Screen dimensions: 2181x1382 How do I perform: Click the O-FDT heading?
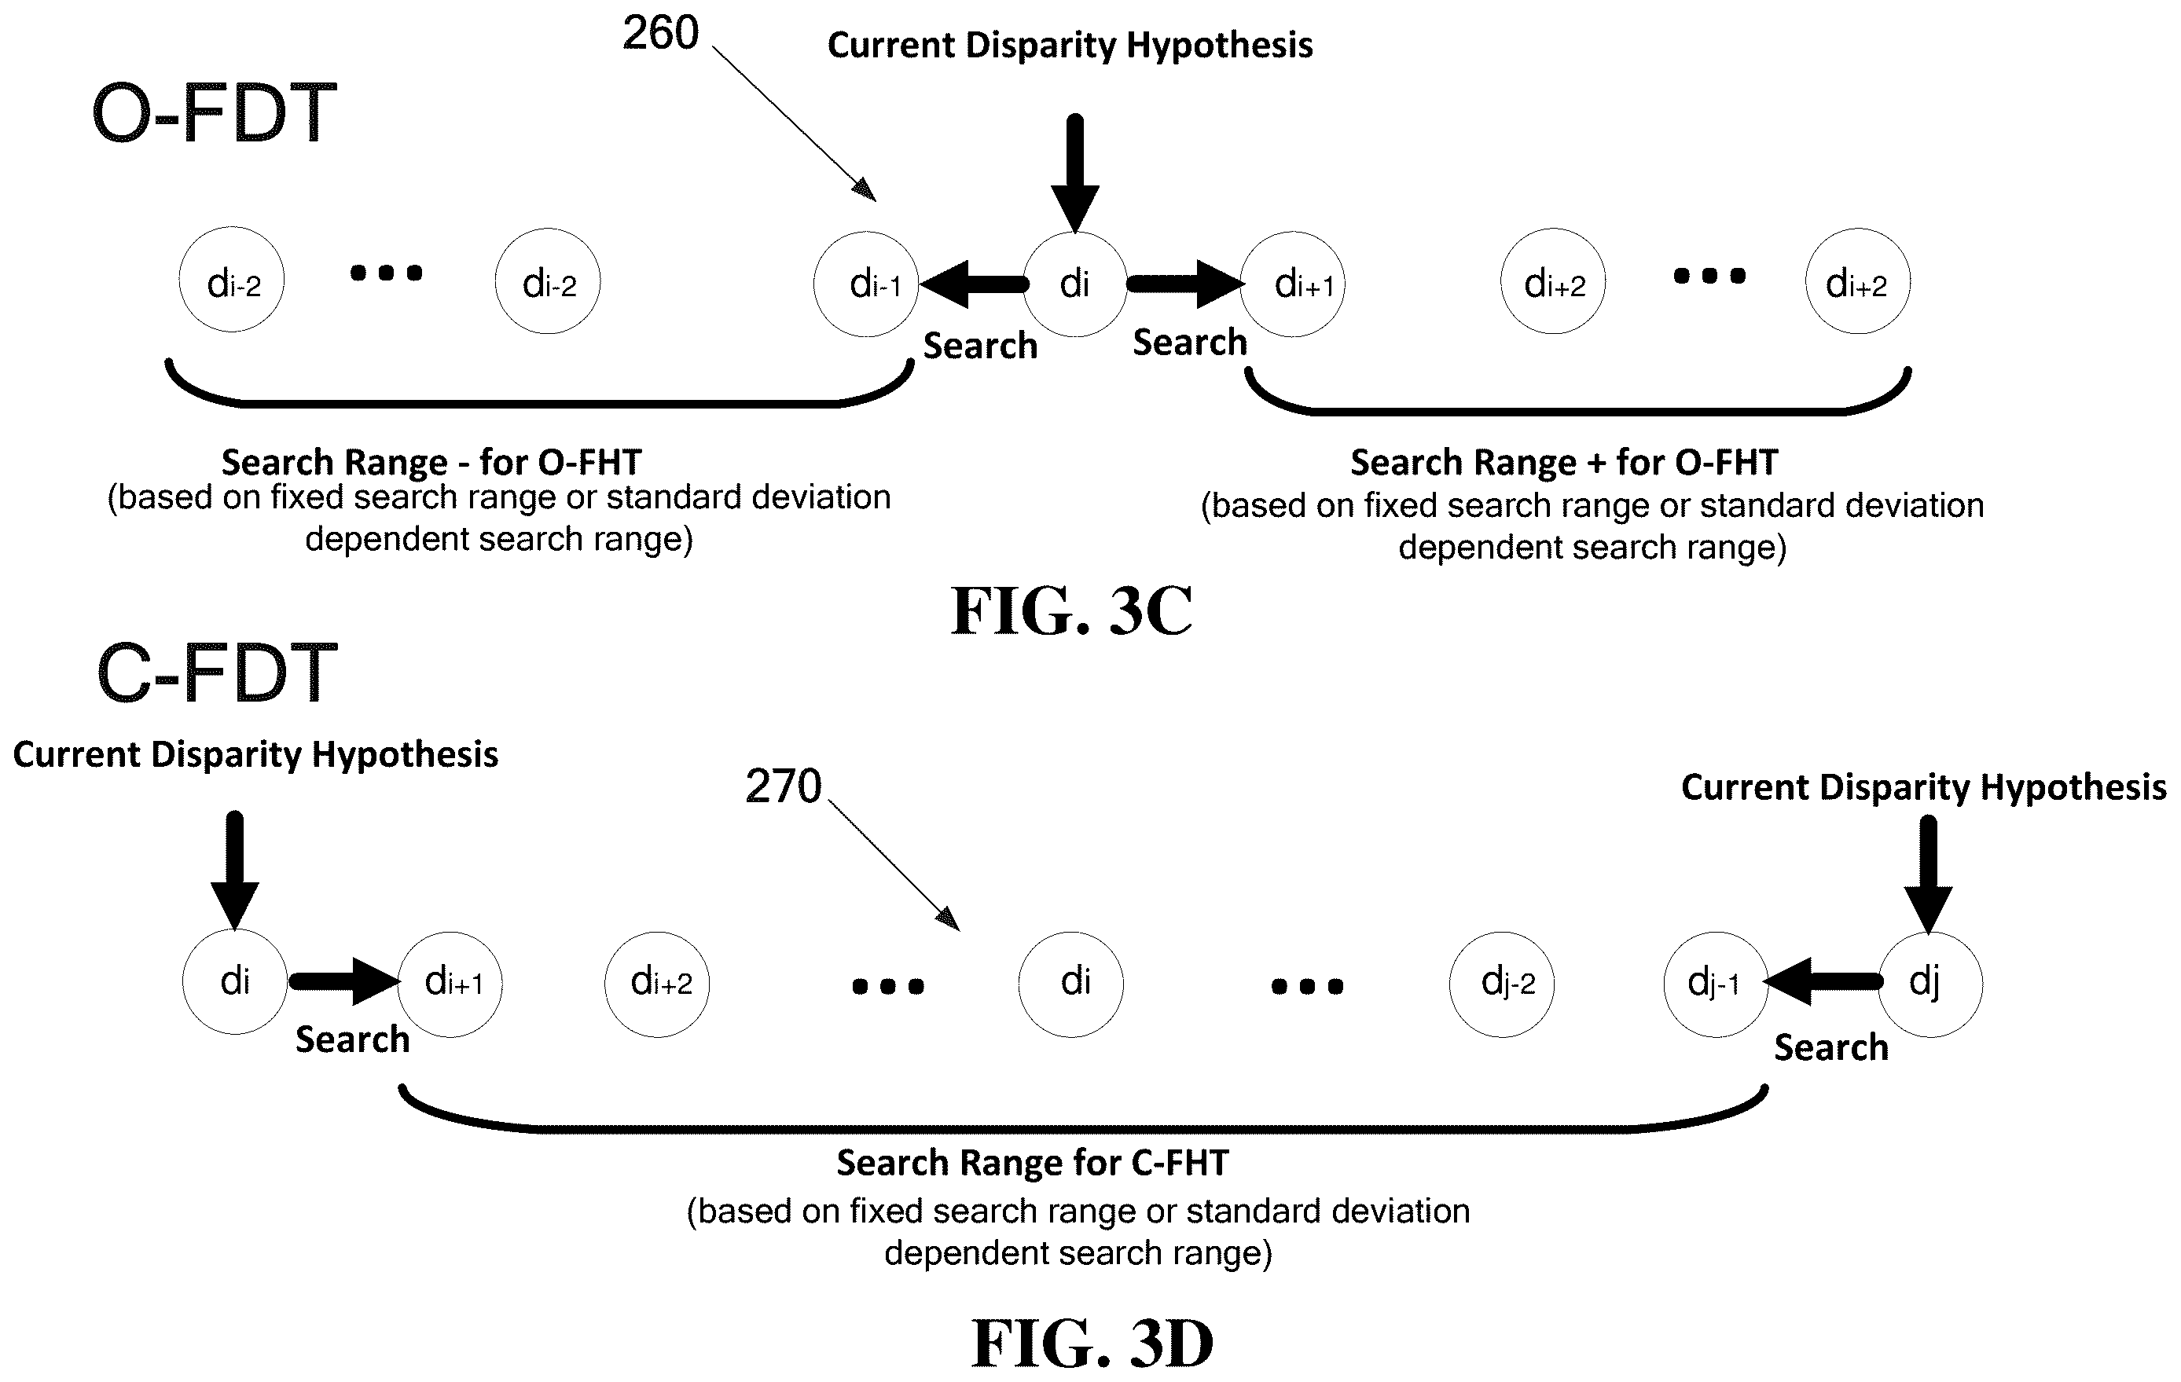click(215, 114)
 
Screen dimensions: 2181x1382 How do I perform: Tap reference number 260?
click(660, 34)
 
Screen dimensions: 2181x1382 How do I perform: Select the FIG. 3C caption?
click(1071, 610)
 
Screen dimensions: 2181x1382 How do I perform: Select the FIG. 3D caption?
click(1092, 1342)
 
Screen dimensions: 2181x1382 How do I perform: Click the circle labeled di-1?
click(867, 284)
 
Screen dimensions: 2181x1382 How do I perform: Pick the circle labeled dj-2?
click(1503, 984)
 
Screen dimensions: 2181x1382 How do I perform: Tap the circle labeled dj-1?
click(1717, 984)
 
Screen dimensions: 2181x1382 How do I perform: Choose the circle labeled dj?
click(1930, 984)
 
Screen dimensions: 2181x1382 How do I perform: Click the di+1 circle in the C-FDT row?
click(450, 984)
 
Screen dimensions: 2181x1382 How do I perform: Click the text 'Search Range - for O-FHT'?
click(431, 463)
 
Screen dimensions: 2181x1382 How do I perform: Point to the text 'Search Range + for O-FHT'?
click(1564, 463)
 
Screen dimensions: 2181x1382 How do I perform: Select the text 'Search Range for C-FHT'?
click(1033, 1163)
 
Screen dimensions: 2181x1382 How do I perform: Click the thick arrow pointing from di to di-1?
click(975, 284)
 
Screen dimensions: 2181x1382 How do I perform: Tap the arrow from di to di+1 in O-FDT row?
click(1186, 284)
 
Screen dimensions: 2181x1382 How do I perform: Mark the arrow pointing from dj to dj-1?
click(1823, 982)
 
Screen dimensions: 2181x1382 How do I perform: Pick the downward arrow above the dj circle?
click(1928, 874)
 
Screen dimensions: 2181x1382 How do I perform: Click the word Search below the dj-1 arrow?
click(1830, 1048)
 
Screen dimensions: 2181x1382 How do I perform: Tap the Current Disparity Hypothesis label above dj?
click(1924, 787)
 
